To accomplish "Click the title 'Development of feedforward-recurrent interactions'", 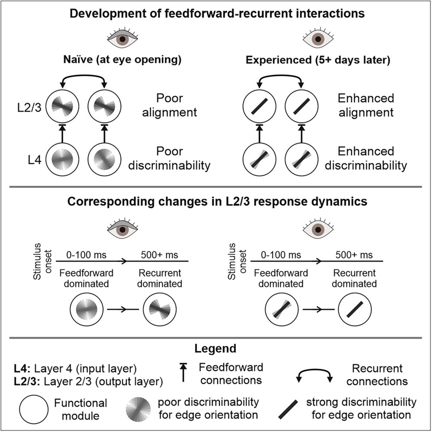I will [217, 14].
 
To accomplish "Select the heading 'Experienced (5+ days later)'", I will [318, 60].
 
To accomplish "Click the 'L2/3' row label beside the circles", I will [35, 106].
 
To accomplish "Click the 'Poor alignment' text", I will [169, 105].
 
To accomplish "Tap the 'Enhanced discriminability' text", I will [366, 158].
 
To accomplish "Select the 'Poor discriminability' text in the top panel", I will [169, 158].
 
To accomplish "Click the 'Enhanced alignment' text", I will [366, 105].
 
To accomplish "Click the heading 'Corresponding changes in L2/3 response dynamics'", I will [217, 201].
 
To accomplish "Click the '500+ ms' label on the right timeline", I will [354, 255].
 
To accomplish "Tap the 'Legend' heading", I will [215, 349].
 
